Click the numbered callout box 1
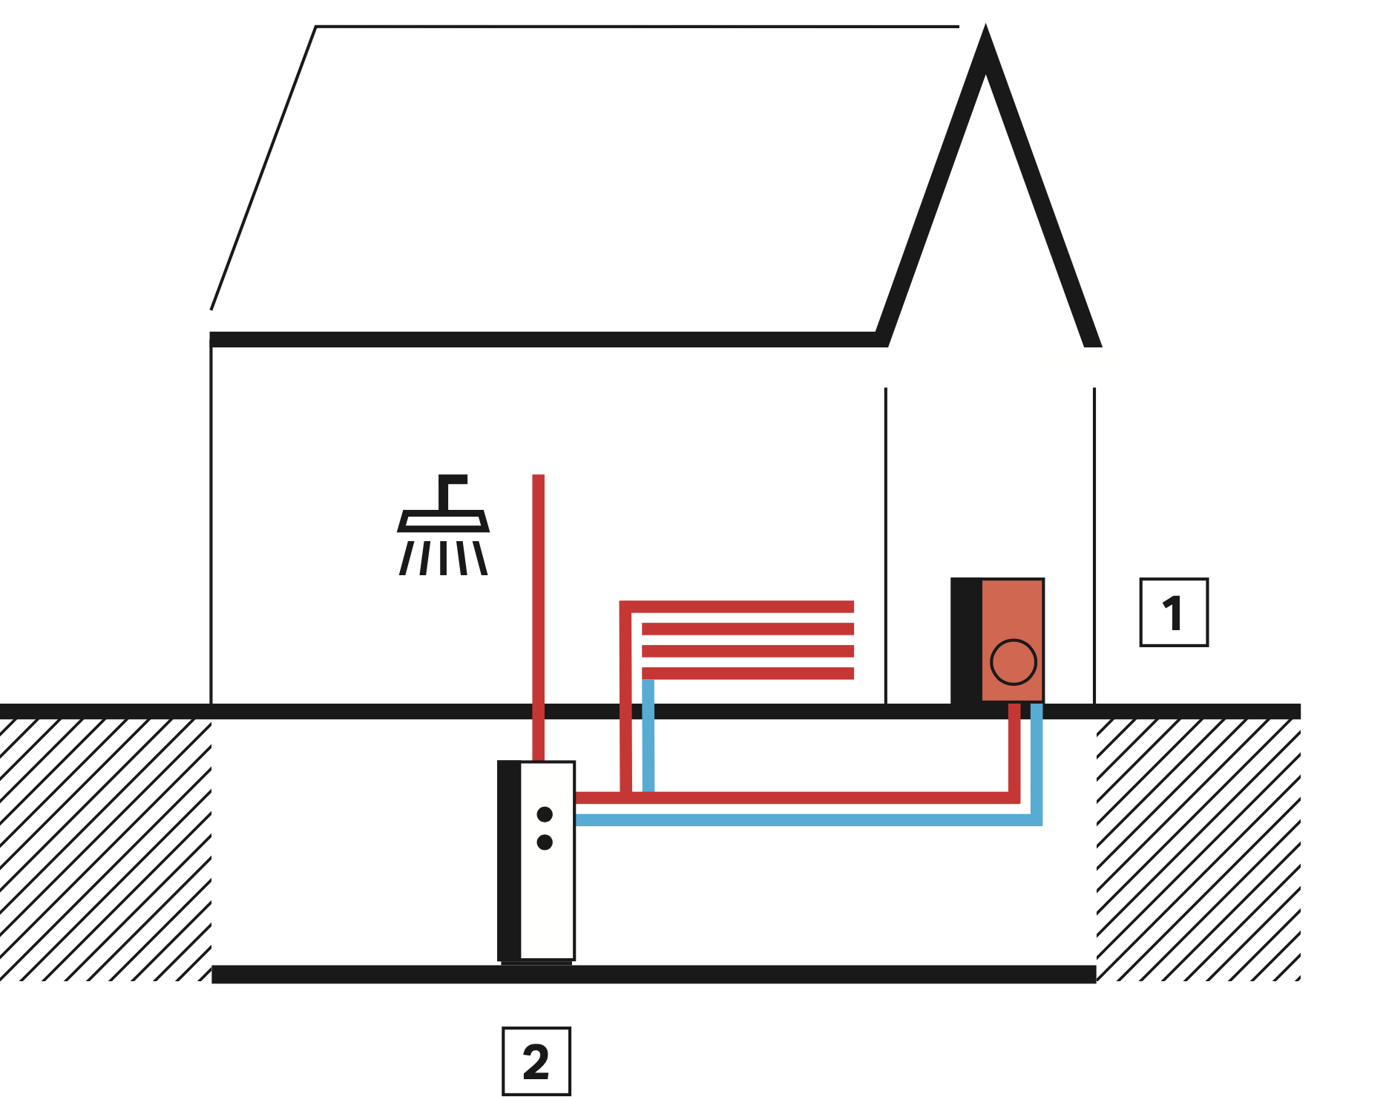(x=1173, y=612)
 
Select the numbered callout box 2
(x=536, y=1061)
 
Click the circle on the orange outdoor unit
(x=1013, y=661)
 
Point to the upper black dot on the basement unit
(x=545, y=814)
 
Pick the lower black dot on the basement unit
(x=545, y=842)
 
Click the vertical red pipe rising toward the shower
(x=539, y=594)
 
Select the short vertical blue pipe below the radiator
(x=648, y=735)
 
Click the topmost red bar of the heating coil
(x=742, y=606)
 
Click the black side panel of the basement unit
(x=509, y=861)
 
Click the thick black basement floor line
(x=653, y=975)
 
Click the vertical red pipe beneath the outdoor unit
(x=1014, y=750)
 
